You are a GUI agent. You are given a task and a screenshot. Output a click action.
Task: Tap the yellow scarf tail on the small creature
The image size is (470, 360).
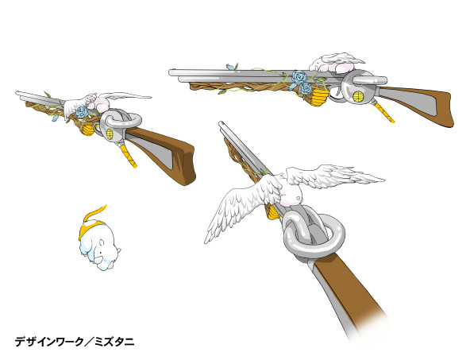coord(94,213)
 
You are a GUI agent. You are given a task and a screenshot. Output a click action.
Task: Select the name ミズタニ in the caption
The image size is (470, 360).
coord(114,342)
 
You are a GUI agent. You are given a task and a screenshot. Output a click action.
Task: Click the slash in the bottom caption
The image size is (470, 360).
coord(90,342)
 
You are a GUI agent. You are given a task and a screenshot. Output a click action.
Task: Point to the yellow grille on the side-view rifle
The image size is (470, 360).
coord(358,96)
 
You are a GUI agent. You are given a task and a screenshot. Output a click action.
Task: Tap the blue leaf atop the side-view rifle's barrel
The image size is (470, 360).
coord(230,67)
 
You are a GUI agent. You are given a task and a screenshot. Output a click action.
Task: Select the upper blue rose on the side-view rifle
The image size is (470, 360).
coord(299,77)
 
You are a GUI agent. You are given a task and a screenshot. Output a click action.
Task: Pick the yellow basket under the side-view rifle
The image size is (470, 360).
coord(319,97)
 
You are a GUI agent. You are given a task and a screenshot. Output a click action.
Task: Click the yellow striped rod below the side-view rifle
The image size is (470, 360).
coord(383,112)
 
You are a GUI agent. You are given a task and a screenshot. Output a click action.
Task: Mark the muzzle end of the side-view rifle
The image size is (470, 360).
coord(171,73)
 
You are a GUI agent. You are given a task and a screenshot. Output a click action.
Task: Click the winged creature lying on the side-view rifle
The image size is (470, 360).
coord(336,63)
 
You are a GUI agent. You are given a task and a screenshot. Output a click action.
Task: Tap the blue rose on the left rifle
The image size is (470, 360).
coord(82,112)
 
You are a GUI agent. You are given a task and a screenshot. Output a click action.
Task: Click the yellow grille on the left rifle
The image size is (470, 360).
coord(110,134)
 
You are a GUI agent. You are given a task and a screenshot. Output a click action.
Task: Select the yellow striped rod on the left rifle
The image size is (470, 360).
coord(129,155)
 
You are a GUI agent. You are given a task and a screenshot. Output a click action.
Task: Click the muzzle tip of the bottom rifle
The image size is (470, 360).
coord(221,123)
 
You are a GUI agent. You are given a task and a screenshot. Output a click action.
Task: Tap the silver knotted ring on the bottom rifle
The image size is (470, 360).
coord(314,234)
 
